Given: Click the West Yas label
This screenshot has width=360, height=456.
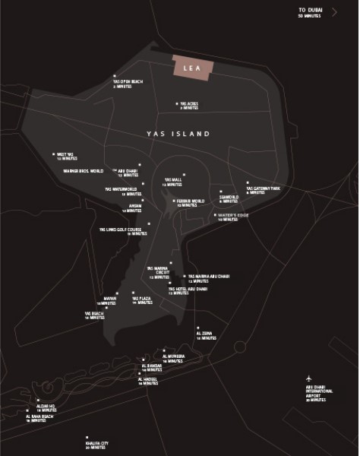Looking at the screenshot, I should coord(67,157).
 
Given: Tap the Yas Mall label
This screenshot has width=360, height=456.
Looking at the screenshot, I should coord(173,182).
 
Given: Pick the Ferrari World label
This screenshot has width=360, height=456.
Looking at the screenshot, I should coord(189,203).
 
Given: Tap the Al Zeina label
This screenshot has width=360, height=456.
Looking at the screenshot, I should coord(204,334).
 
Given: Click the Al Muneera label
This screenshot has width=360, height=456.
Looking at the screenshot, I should coord(174,356).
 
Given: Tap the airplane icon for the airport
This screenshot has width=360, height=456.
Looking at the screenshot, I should coord(310,378).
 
